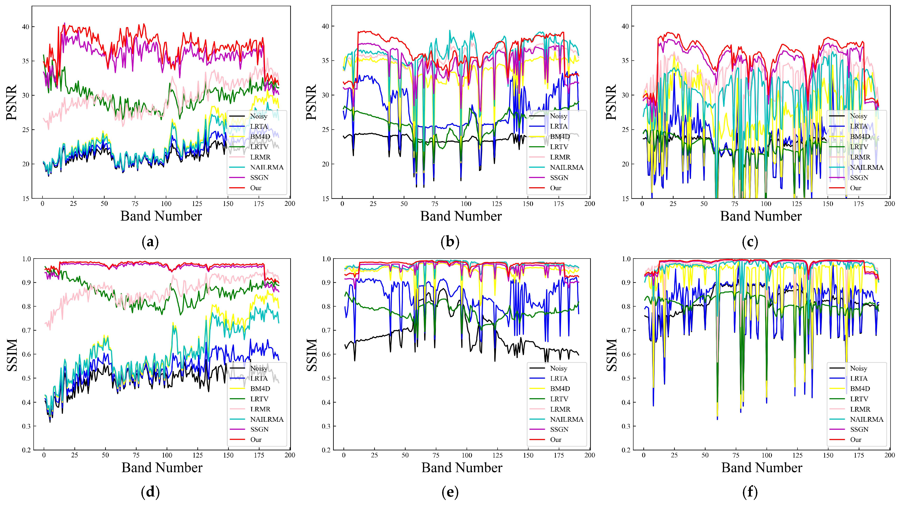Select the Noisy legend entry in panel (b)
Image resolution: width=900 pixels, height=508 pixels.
[558, 116]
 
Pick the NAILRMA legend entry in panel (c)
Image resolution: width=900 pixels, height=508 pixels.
[866, 167]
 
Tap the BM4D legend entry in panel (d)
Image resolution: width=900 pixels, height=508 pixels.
[260, 389]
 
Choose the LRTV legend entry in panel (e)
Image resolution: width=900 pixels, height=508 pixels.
[559, 399]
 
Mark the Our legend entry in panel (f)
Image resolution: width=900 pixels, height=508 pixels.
[856, 440]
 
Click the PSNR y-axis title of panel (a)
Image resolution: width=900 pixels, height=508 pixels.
[12, 102]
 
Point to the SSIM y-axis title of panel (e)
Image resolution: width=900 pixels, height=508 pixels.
[312, 355]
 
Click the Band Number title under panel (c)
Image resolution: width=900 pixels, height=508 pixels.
[761, 216]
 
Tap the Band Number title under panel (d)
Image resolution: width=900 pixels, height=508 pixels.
[162, 468]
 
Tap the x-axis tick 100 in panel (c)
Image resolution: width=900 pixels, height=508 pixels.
[766, 204]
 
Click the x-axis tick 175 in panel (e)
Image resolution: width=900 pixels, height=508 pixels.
[559, 455]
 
